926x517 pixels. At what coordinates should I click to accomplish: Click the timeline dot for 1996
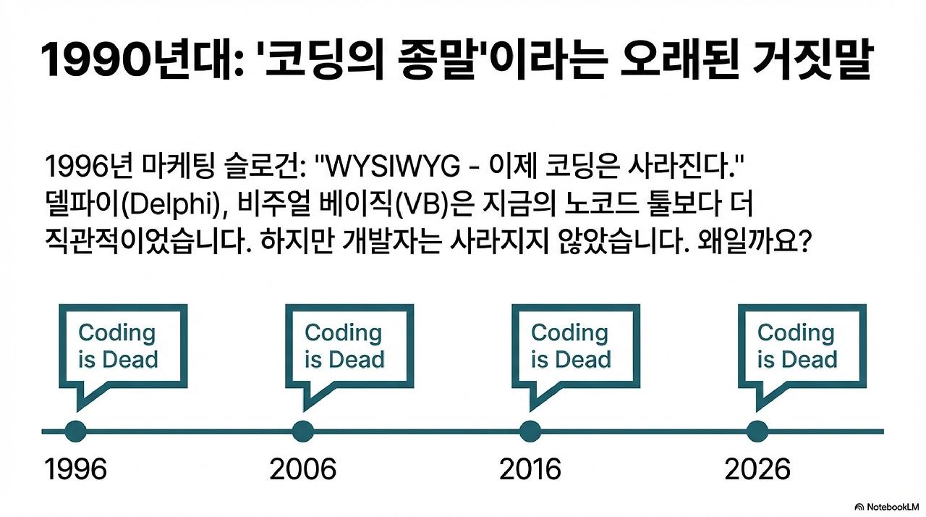[75, 431]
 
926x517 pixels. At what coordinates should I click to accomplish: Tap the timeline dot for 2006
[302, 431]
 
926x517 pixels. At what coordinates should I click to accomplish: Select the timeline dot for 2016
[530, 431]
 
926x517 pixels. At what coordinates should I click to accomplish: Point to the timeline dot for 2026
[757, 431]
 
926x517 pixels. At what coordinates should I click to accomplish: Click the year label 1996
[75, 470]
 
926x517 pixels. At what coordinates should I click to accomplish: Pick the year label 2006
[302, 470]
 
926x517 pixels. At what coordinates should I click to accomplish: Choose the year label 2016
[530, 470]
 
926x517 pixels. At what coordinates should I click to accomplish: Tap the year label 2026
[757, 470]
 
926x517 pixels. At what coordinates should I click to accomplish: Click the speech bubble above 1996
[122, 345]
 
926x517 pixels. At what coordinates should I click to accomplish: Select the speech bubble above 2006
[349, 345]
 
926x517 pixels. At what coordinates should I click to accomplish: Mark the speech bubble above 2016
[575, 345]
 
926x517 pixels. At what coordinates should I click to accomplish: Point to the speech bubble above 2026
[802, 345]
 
